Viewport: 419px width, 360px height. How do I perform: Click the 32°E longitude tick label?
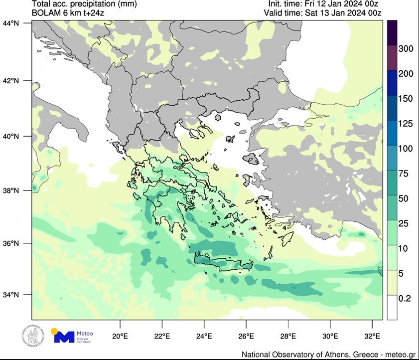pos(373,335)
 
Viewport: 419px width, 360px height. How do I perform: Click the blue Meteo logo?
pos(64,337)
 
